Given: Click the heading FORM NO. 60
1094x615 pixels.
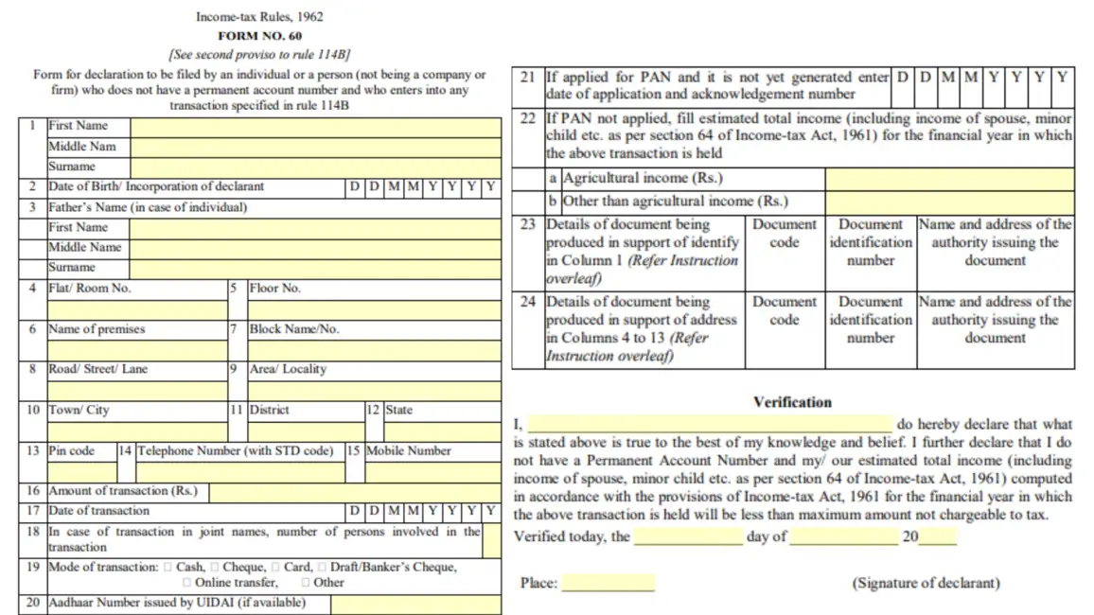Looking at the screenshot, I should (259, 36).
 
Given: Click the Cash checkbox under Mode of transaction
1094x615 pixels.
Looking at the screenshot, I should (168, 567).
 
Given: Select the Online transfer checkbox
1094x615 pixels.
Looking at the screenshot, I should (186, 583).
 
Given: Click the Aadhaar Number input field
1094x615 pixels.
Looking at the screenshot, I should (415, 604).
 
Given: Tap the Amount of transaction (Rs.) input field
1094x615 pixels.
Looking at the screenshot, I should (355, 491).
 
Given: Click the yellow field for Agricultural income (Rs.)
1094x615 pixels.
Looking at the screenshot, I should (949, 178).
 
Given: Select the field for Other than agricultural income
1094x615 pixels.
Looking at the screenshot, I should (949, 201).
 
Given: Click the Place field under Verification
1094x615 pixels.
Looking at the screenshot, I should (608, 583).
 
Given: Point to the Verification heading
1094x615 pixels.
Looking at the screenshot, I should (792, 402).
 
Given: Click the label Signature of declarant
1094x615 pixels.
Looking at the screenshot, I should (926, 583).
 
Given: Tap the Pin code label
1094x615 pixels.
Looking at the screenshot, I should (72, 450).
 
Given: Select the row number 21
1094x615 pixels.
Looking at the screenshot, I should (528, 78).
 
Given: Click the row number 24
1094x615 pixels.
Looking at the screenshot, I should (528, 302).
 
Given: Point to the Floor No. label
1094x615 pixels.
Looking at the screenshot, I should (274, 288).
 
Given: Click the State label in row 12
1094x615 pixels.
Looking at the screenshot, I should (399, 410).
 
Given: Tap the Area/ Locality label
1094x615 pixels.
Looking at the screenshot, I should (288, 369).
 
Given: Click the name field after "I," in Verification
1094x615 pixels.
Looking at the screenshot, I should (710, 425).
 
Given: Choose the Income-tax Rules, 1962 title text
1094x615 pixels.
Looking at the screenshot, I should (259, 17).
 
